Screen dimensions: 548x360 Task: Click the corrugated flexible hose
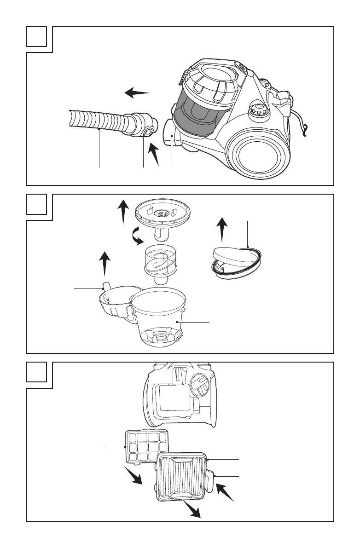(97, 122)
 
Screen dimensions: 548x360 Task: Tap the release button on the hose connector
(147, 133)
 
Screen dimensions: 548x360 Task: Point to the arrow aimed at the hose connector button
(156, 155)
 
